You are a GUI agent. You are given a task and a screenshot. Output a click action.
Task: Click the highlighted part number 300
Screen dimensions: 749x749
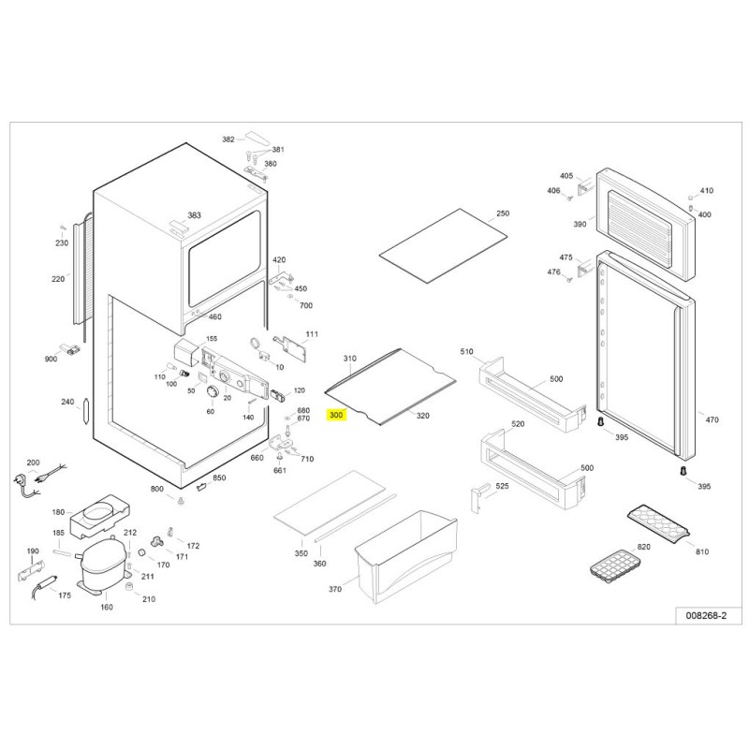pos(336,415)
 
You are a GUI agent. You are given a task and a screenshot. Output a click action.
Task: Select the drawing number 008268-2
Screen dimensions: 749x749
pos(706,615)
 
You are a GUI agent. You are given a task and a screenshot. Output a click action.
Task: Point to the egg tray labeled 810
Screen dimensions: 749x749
pos(659,523)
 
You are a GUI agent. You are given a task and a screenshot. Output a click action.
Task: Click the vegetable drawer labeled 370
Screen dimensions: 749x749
pos(406,557)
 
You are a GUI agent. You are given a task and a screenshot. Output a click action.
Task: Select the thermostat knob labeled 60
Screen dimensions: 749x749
pos(212,393)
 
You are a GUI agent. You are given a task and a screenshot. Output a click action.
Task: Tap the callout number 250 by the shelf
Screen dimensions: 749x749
pos(503,213)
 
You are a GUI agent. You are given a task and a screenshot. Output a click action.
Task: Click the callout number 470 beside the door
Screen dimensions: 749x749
pos(712,419)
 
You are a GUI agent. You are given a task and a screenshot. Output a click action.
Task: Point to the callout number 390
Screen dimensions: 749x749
pos(580,224)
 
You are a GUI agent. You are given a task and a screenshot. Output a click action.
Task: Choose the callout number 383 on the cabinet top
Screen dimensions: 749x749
pos(194,215)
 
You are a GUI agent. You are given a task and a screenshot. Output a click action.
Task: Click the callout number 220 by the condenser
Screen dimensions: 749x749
pos(58,279)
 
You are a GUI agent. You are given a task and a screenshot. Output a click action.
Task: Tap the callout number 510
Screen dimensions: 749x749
pos(466,352)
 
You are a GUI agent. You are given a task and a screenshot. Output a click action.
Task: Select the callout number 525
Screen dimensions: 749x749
pos(502,486)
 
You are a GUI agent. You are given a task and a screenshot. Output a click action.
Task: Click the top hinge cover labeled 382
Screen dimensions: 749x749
pos(257,138)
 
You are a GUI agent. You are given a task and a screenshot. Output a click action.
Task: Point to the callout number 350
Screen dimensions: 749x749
pos(301,553)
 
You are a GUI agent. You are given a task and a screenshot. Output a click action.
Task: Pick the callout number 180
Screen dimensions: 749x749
pos(58,512)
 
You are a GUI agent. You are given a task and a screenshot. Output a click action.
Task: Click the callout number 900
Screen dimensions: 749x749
pos(51,359)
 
